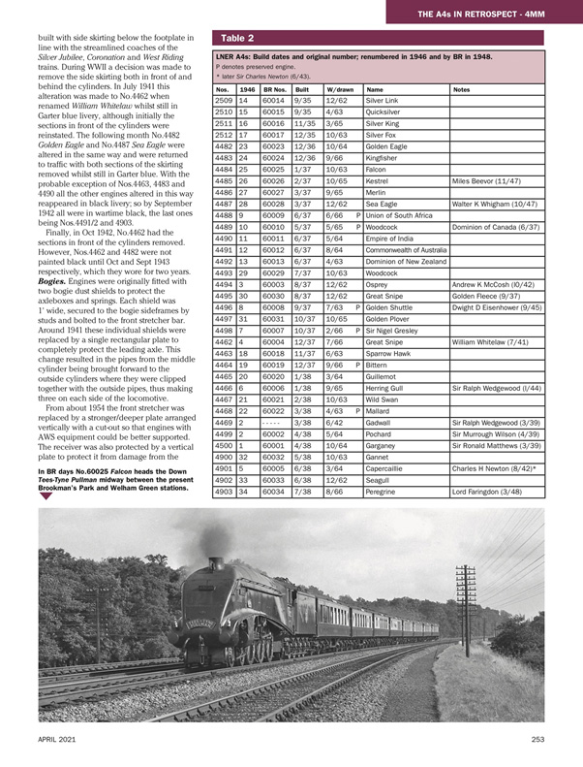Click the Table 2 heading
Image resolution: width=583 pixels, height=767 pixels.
237,39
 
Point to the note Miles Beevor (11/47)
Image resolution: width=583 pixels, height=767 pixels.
492,180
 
